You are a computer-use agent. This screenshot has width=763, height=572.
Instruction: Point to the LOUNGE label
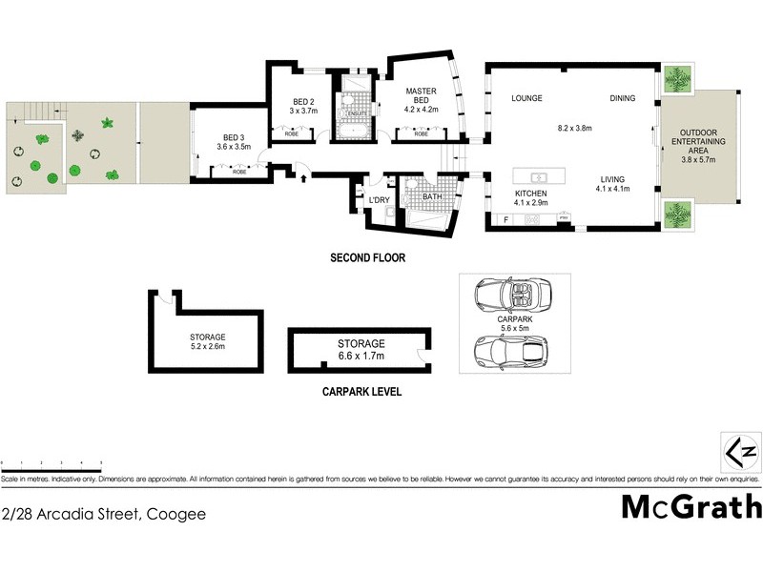[526, 98]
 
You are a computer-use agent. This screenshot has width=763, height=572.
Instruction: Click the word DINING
[624, 98]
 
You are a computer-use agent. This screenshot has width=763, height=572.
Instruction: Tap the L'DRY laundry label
[379, 198]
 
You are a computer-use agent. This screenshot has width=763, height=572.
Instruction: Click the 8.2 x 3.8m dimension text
[575, 128]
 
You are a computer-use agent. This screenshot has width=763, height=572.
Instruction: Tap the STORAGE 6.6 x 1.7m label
[361, 349]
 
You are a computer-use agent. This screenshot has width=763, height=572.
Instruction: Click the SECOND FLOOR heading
[367, 257]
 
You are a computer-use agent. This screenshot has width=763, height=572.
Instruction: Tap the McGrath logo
[691, 506]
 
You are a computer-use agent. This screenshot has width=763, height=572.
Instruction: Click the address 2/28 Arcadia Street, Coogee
[103, 513]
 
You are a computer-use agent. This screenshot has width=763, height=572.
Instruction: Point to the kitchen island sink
[538, 176]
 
